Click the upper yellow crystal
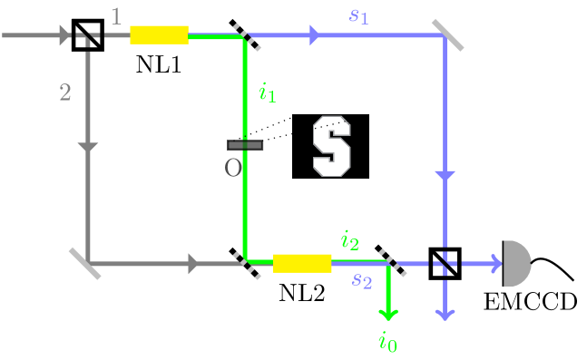(159, 34)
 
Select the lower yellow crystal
(302, 263)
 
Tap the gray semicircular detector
(515, 263)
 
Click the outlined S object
(331, 145)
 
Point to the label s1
(359, 15)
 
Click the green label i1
(267, 92)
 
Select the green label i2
(349, 239)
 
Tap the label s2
(362, 280)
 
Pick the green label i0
(387, 341)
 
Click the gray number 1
(116, 15)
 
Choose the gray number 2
(65, 92)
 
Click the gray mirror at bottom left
(85, 263)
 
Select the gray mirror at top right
(447, 35)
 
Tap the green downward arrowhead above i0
(388, 314)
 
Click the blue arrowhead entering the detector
(494, 263)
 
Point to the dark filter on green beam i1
(245, 145)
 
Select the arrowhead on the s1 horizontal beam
(314, 35)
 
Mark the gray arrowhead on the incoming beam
(64, 35)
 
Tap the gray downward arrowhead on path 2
(88, 147)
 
